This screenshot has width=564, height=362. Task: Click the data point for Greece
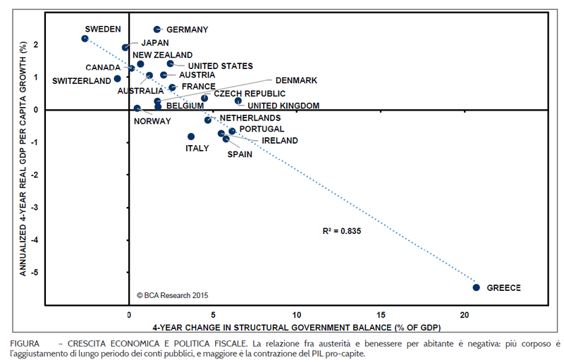click(477, 287)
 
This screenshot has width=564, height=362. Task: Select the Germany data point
click(157, 30)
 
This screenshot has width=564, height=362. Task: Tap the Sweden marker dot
click(85, 39)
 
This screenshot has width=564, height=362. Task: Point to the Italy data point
click(191, 137)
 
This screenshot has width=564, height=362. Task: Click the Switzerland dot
click(117, 79)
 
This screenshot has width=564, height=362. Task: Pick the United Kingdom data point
click(238, 101)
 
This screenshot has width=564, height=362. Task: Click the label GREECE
click(504, 288)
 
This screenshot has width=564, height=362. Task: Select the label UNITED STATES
click(220, 66)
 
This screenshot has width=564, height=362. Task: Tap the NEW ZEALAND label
click(163, 55)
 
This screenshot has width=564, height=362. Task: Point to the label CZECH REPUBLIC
click(250, 94)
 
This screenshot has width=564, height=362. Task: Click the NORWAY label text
click(152, 121)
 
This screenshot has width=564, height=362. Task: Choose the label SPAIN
click(240, 154)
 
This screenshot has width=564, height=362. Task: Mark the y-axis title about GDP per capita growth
click(23, 158)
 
